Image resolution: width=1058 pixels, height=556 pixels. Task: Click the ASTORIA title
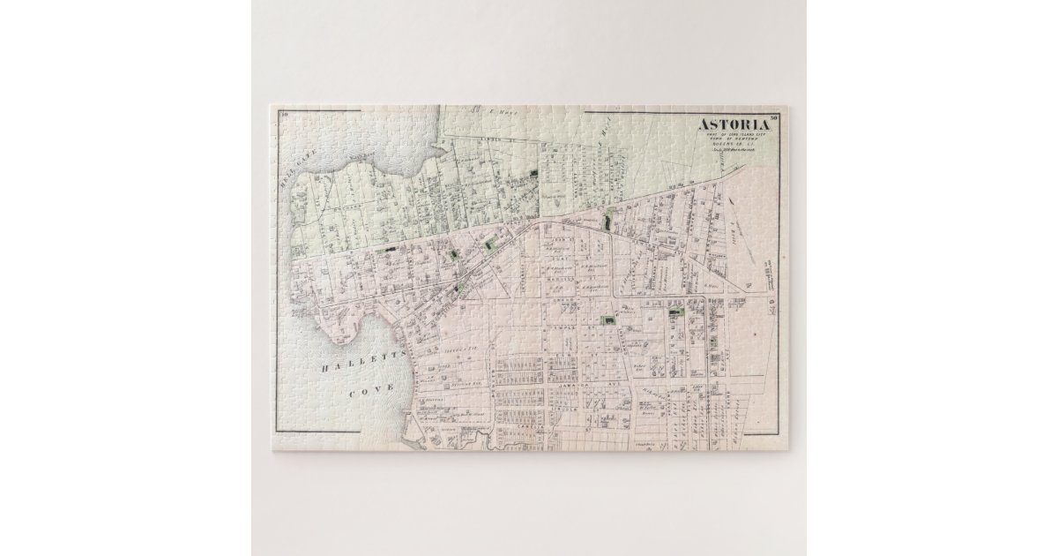[x=734, y=124]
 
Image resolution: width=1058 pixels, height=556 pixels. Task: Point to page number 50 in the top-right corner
[x=773, y=116]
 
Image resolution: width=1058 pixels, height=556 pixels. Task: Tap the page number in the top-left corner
[x=286, y=115]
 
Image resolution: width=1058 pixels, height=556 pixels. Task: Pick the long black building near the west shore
[x=386, y=251]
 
